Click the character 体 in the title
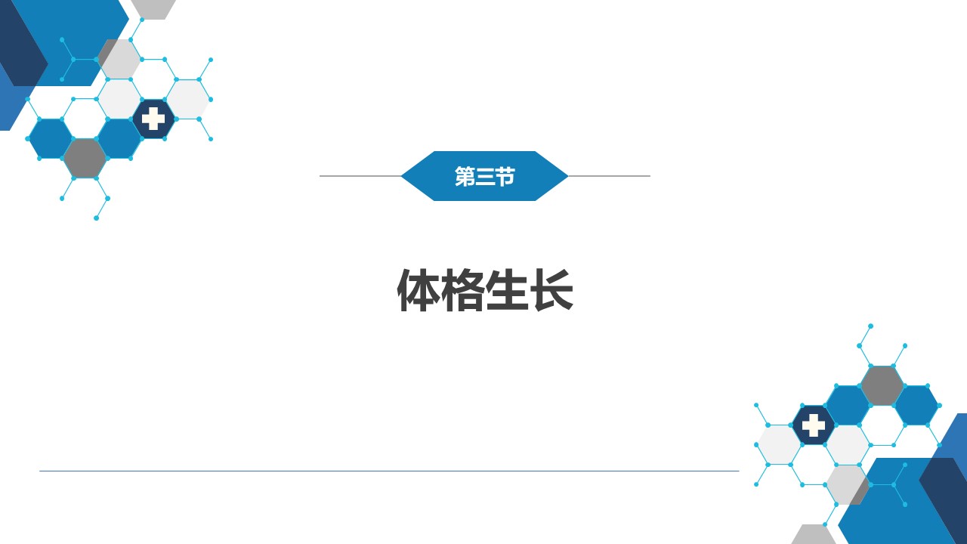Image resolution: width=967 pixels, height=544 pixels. (x=419, y=289)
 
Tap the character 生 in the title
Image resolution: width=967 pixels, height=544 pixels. (x=507, y=289)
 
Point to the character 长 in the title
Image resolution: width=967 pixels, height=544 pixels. (x=552, y=289)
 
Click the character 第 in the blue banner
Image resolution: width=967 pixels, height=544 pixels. (x=465, y=176)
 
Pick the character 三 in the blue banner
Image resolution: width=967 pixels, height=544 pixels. (x=484, y=177)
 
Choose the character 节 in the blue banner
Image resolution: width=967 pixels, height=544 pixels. (x=505, y=176)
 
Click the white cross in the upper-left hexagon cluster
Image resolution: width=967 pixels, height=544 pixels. (x=153, y=119)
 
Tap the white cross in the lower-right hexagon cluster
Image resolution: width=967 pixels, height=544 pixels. (x=814, y=425)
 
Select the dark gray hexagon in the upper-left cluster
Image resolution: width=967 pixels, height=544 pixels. (x=85, y=159)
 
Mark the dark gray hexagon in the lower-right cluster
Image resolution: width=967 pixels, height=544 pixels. (x=882, y=385)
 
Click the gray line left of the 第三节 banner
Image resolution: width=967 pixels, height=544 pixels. (x=360, y=176)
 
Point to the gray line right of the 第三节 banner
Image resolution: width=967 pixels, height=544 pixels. (x=609, y=176)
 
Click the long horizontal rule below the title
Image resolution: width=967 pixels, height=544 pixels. (x=389, y=471)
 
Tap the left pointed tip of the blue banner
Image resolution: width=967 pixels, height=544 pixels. (x=401, y=176)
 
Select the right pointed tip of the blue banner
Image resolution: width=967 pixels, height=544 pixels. (x=567, y=176)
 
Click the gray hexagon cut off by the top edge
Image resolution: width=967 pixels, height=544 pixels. (x=153, y=8)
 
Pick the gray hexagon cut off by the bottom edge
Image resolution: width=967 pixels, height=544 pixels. (x=814, y=535)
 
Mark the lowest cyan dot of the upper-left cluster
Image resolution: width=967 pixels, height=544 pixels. (x=96, y=218)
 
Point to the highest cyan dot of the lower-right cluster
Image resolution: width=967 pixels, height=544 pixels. (x=871, y=326)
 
